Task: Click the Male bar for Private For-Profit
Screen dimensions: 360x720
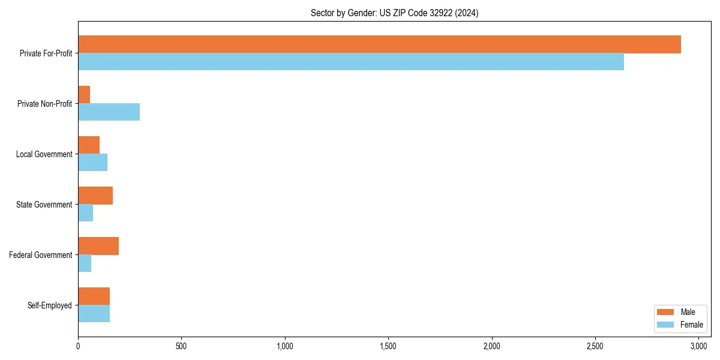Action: click(379, 44)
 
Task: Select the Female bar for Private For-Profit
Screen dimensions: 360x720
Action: click(351, 62)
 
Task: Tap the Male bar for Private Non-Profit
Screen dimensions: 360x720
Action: click(84, 95)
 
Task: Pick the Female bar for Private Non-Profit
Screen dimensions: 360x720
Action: click(109, 112)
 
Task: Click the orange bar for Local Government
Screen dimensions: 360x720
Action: click(89, 145)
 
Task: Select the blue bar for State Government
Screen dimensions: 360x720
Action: click(85, 213)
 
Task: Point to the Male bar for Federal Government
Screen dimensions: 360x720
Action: click(98, 246)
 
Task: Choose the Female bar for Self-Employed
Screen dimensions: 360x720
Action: click(94, 314)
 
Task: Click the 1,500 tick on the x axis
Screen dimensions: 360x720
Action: click(388, 346)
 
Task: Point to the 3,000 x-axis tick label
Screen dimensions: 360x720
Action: click(698, 346)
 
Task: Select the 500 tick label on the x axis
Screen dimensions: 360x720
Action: click(181, 346)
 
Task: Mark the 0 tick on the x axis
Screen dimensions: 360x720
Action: click(78, 346)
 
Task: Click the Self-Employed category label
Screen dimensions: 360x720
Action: click(50, 305)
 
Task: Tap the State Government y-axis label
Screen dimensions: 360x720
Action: click(44, 205)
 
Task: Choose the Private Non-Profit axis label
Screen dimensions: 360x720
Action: click(44, 104)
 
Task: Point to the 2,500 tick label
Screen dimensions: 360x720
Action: click(595, 346)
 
